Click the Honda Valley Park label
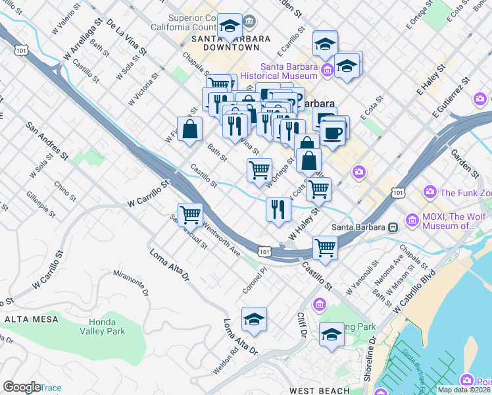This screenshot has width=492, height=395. [x=107, y=327]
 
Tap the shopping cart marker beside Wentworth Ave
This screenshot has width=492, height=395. [x=190, y=214]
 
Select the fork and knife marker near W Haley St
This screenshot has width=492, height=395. [x=278, y=209]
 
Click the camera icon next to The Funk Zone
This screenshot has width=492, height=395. [x=430, y=192]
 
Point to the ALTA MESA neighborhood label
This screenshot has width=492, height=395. [x=29, y=319]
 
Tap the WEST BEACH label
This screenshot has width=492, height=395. [x=320, y=390]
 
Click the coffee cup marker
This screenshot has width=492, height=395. [x=334, y=131]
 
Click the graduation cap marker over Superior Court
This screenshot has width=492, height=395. [x=230, y=27]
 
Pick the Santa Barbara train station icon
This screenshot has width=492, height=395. [x=393, y=228]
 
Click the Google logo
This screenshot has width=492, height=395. [x=22, y=387]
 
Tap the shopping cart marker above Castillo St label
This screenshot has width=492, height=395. [x=324, y=248]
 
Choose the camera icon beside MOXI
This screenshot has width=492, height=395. [x=412, y=219]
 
